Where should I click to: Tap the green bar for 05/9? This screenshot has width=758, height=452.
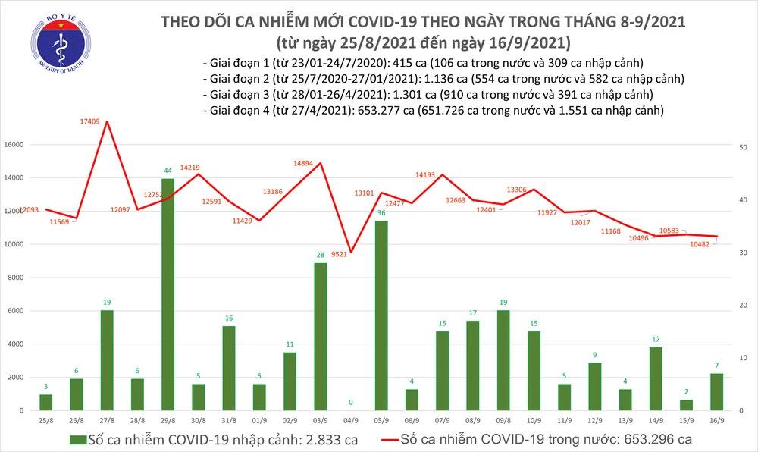(381, 315)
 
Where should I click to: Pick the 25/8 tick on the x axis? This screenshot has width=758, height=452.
(46, 419)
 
